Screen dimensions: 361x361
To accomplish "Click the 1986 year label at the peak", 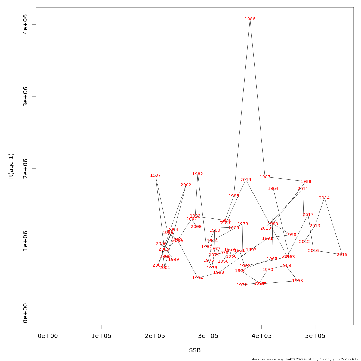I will (250, 19).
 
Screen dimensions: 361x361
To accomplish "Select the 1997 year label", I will (156, 175).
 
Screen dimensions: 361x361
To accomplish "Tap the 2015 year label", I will (342, 255).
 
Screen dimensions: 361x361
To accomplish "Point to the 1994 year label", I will (198, 278).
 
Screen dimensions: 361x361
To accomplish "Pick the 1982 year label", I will (198, 174).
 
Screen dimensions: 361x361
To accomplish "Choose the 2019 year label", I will (246, 180).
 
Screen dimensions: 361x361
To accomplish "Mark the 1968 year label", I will (298, 281).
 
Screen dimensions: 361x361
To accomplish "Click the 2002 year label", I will (186, 185).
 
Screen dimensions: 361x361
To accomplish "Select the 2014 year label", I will (324, 198).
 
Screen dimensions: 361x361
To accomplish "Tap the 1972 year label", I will (242, 285).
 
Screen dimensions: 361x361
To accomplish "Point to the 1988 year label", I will (306, 182).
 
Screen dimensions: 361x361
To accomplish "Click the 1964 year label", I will (273, 189).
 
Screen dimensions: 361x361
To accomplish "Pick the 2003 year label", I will (158, 265).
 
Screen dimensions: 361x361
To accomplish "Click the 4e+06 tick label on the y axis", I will (26, 24).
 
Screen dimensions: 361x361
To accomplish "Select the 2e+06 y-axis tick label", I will (26, 169).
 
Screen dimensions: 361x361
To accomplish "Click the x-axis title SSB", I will (195, 350).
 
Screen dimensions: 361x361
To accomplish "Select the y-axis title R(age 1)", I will (11, 166).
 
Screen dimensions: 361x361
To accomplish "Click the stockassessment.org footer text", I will (305, 359).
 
